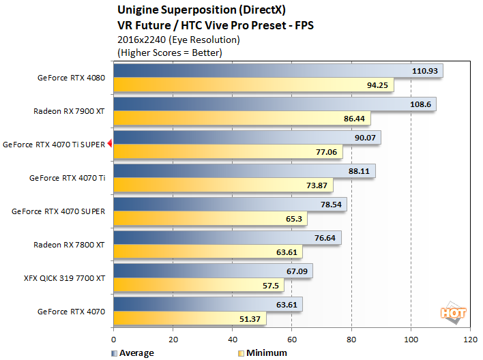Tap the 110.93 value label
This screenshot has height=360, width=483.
(426, 71)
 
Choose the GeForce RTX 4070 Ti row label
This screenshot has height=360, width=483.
(67, 178)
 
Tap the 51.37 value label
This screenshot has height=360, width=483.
(248, 318)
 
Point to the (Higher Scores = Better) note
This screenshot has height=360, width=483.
(170, 52)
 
